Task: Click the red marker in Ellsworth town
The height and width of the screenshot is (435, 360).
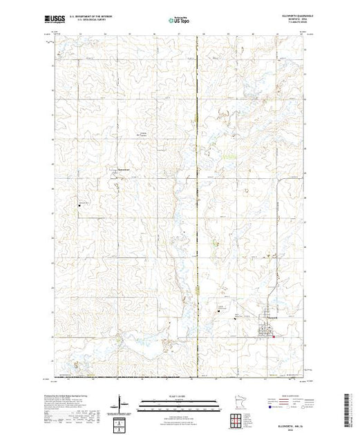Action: pyautogui.click(x=274, y=337)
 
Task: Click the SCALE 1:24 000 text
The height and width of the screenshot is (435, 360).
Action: pyautogui.click(x=178, y=397)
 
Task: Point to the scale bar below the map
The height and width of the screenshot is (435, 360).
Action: pyautogui.click(x=178, y=403)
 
